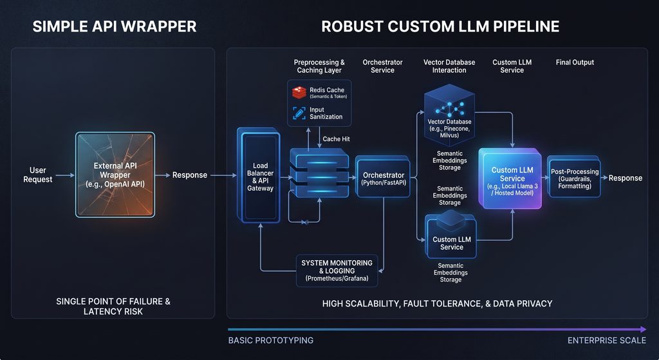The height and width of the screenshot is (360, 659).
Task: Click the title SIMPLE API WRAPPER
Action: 115,26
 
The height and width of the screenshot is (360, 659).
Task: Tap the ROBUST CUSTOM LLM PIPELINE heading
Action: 440,26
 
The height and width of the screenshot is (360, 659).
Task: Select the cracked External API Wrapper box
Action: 115,175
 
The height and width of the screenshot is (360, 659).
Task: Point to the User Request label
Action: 38,175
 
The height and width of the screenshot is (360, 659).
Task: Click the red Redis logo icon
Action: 299,93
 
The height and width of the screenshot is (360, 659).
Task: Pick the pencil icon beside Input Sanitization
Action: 299,113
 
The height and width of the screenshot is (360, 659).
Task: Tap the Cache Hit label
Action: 336,139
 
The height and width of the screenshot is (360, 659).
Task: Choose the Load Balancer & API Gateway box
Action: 259,175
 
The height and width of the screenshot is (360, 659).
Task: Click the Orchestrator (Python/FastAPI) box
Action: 384,176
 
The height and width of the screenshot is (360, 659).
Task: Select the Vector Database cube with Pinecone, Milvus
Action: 449,115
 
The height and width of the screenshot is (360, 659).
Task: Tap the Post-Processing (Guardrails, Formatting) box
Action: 574,176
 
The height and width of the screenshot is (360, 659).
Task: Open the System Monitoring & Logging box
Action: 337,270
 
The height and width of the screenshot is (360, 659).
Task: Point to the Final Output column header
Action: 575,62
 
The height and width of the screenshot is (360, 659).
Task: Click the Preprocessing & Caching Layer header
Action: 319,66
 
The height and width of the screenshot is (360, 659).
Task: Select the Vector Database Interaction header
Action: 449,66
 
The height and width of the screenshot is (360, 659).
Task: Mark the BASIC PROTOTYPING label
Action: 271,340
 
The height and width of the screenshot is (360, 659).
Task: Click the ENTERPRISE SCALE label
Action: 606,340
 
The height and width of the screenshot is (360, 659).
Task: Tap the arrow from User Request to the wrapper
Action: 65,175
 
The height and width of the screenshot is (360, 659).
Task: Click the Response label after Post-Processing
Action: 626,178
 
